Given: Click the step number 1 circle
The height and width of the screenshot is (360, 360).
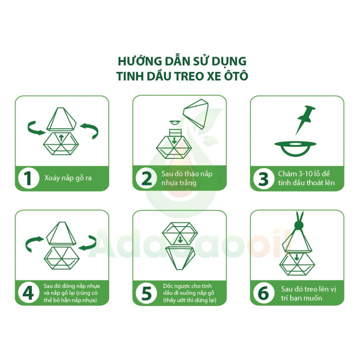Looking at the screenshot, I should click(28, 178).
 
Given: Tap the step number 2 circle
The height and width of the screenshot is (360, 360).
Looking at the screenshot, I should click(146, 178).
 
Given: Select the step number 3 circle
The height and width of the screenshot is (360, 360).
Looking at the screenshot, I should click(263, 178).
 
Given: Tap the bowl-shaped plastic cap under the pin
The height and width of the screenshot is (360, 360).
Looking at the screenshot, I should click(296, 147).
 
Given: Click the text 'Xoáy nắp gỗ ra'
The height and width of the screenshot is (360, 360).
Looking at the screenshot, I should click(67, 178).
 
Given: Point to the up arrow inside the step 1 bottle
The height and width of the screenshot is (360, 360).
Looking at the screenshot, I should click(62, 136).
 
